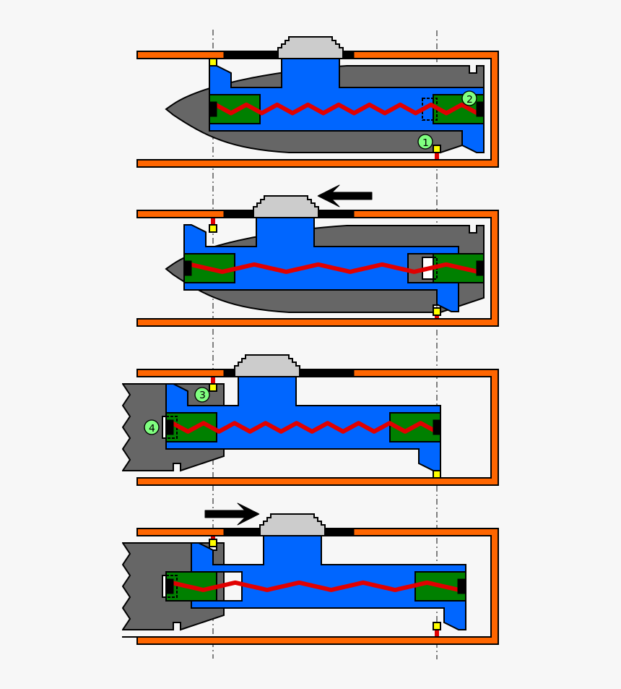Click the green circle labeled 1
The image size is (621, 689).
click(x=425, y=142)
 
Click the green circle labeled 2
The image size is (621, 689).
click(x=469, y=98)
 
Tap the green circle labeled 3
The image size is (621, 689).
click(x=202, y=395)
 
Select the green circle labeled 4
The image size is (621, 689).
click(x=152, y=427)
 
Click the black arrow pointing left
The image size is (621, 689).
click(x=344, y=195)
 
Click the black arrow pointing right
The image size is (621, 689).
click(x=232, y=514)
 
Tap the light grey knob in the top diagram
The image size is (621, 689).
click(x=310, y=48)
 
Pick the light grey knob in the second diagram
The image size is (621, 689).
click(x=286, y=207)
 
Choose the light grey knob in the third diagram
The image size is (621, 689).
click(x=267, y=367)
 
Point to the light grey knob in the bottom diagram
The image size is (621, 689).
click(x=292, y=526)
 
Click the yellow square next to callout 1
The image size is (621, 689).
click(x=437, y=149)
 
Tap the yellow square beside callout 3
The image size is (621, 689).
click(x=213, y=388)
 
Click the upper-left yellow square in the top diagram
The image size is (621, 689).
click(x=213, y=62)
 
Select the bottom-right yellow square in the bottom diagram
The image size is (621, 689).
click(x=437, y=626)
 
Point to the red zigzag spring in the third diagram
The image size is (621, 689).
click(x=303, y=427)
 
